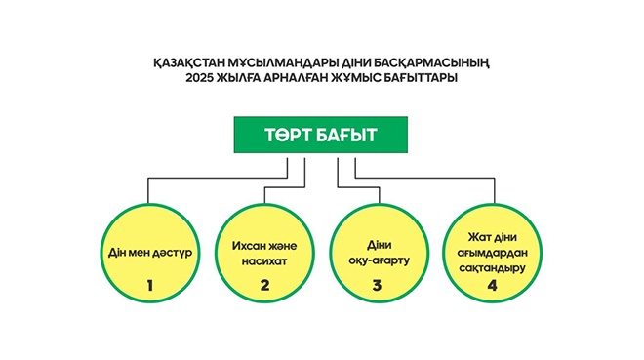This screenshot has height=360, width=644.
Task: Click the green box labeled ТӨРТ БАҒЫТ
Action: pos(319,136)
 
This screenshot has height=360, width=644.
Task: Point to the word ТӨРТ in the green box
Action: pos(289,136)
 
